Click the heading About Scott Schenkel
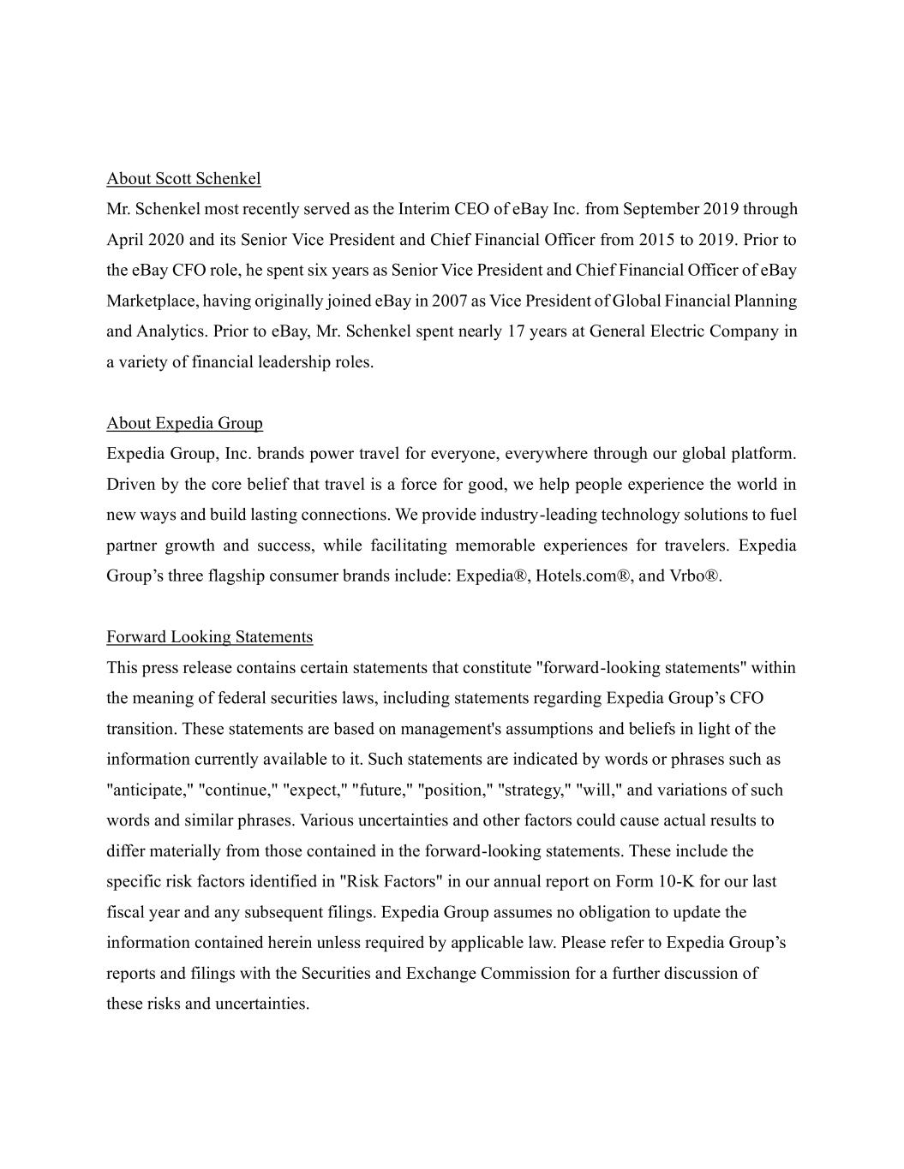click(x=183, y=178)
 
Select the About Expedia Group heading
click(x=184, y=423)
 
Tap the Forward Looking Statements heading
click(x=209, y=636)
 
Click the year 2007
click(x=449, y=301)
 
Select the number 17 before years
click(x=516, y=331)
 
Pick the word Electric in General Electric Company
click(x=677, y=331)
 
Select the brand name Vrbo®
click(x=693, y=576)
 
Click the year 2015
click(x=656, y=240)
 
